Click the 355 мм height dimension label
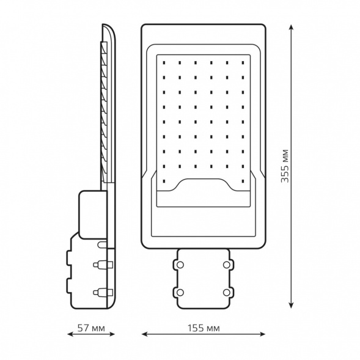pyautogui.click(x=285, y=166)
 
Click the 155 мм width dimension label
pyautogui.click(x=204, y=328)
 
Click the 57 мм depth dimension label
pyautogui.click(x=91, y=328)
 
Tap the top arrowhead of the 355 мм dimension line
pyautogui.click(x=291, y=28)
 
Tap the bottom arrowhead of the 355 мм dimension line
pyautogui.click(x=291, y=304)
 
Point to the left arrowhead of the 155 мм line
pyautogui.click(x=145, y=334)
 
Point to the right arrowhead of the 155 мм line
pyautogui.click(x=262, y=334)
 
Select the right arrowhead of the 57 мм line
pyautogui.click(x=112, y=334)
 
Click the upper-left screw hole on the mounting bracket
pyautogui.click(x=180, y=265)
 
